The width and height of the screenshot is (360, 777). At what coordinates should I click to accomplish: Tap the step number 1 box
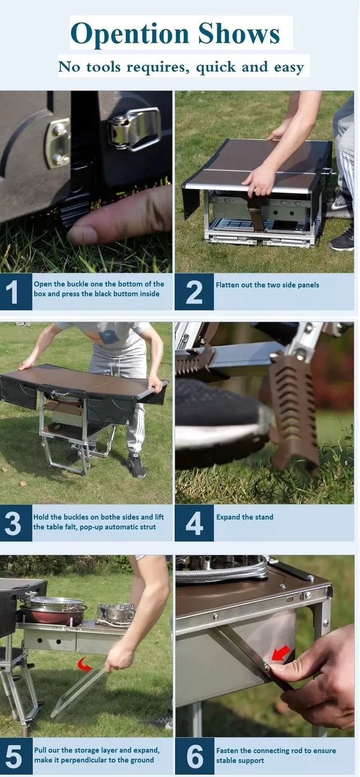pos(16,292)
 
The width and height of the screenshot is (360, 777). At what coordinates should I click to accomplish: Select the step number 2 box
pos(194,292)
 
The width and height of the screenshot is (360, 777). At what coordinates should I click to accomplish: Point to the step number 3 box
pos(16,523)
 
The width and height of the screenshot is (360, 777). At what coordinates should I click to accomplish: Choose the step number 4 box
pos(194,523)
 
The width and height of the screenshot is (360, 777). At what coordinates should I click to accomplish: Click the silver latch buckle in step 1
pos(134,130)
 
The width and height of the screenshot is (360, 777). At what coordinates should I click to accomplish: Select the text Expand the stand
pos(245,517)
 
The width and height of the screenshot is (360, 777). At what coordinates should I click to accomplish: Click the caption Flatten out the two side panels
pos(267,285)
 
